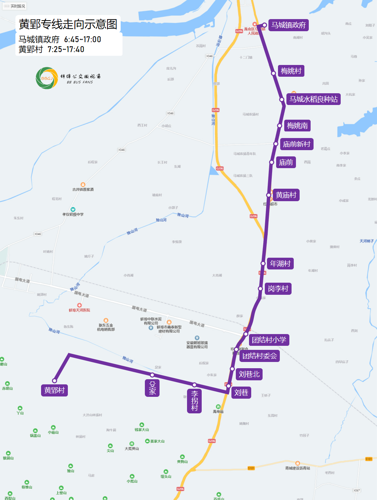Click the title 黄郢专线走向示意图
pyautogui.click(x=68, y=24)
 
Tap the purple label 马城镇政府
pyautogui.click(x=288, y=25)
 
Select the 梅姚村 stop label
pyautogui.click(x=291, y=71)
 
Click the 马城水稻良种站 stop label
pyautogui.click(x=313, y=99)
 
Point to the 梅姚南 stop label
pyautogui.click(x=297, y=126)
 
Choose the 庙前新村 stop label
pyautogui.click(x=296, y=144)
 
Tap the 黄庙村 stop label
pyautogui.click(x=286, y=195)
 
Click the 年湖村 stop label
pyautogui.click(x=280, y=264)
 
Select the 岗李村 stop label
pyautogui.click(x=278, y=289)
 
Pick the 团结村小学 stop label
pyautogui.click(x=269, y=340)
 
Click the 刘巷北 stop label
pyautogui.click(x=249, y=374)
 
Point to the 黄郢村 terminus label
pyautogui.click(x=54, y=390)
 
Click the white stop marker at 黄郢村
pyautogui.click(x=54, y=381)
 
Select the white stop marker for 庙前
pyautogui.click(x=272, y=162)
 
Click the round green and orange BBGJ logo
pyautogui.click(x=47, y=78)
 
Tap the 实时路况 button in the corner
pyautogui.click(x=15, y=6)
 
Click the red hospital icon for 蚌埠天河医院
pyautogui.click(x=79, y=305)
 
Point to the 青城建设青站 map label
pyautogui.click(x=297, y=468)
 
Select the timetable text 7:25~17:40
pyautogui.click(x=66, y=49)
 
